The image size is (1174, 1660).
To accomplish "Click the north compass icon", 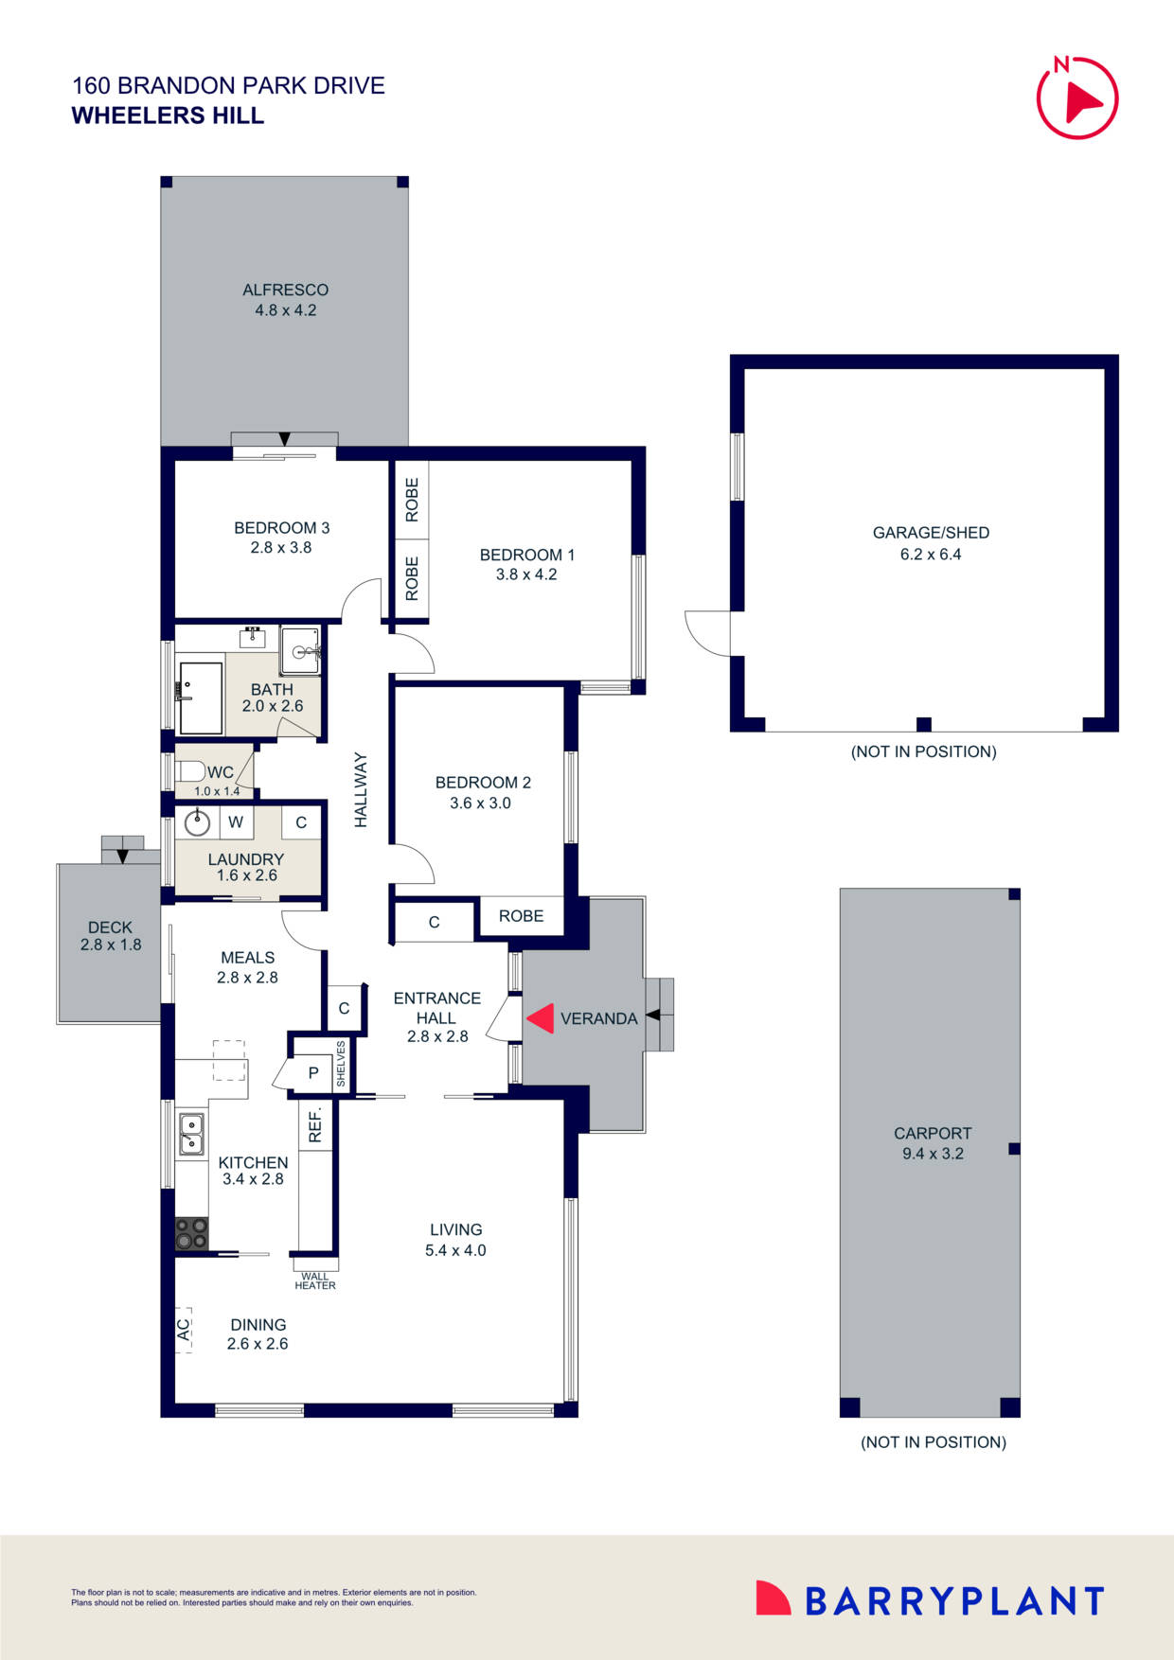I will point(1077,98).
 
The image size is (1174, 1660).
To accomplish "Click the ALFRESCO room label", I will point(285,290).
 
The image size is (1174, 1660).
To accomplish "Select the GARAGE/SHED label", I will point(931,533).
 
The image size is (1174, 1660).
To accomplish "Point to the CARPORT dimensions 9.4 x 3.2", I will point(933,1154).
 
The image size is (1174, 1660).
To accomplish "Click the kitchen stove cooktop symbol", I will point(191,1233).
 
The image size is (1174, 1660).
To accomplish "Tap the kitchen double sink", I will point(191,1134).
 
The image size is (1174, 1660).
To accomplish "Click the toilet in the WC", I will point(189,770).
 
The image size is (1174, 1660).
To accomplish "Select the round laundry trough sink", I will point(197,822).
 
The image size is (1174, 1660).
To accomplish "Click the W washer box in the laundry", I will point(236,822).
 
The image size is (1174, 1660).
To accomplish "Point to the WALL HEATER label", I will point(314,1280).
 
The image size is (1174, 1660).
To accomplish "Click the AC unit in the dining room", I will point(184,1330).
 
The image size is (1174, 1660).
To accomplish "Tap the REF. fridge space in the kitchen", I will point(315,1124).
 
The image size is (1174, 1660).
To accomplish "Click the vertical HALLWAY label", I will point(361,790).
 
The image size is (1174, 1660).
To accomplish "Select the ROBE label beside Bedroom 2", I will point(521,916).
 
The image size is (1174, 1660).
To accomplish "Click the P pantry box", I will point(313,1073).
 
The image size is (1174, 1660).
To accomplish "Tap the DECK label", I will point(110,927).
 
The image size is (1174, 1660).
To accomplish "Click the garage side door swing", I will point(706,632).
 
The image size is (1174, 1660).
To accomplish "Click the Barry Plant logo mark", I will point(773,1598).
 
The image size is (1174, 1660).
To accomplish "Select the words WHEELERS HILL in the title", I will point(168,115).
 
